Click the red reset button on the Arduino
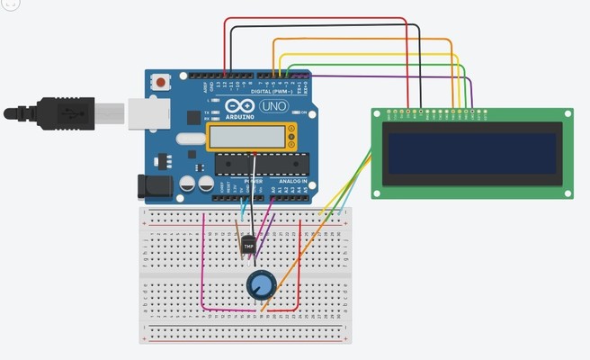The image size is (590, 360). (x=161, y=82)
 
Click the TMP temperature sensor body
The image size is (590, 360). (x=247, y=243)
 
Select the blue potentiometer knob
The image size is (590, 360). (x=261, y=286)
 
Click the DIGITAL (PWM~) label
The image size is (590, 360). (x=274, y=91)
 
